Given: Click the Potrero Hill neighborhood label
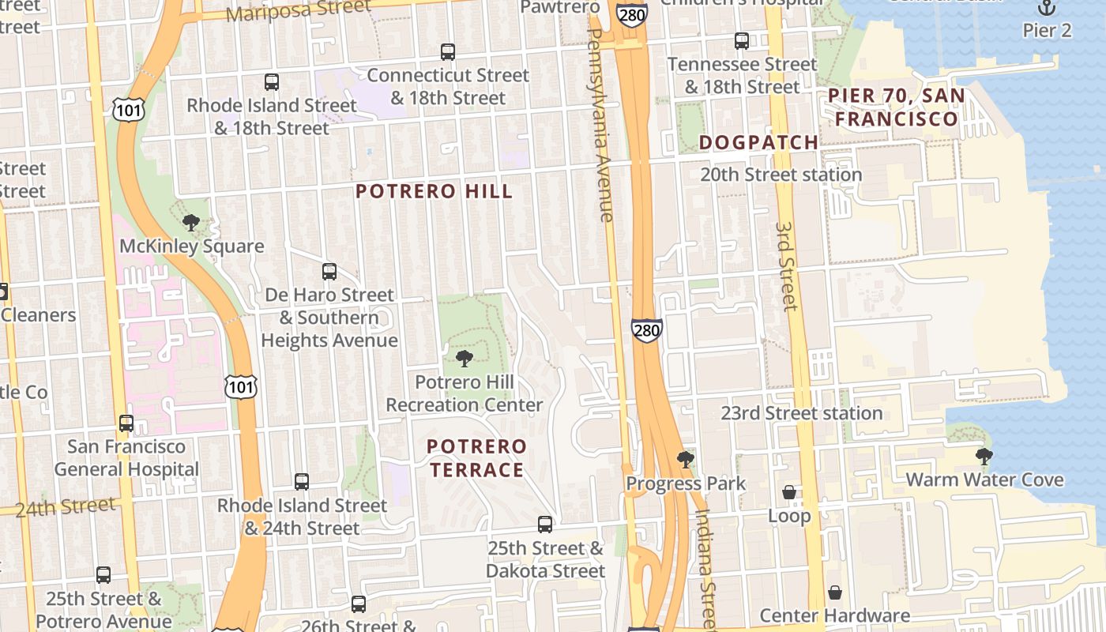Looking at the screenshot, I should pos(434,191).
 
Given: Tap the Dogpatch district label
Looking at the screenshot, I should pos(758,142).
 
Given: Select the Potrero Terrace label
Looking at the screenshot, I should pos(476,458).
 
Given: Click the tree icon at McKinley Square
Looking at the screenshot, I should pos(190,223).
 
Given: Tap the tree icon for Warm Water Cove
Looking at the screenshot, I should pos(984,456).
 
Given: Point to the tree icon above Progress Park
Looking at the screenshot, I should pos(685,459).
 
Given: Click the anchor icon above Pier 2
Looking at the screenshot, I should pos(1047,8).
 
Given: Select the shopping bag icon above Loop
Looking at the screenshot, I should pos(788,492).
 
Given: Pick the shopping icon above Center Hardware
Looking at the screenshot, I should pos(834,592).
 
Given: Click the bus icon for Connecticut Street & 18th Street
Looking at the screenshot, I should pos(448,52).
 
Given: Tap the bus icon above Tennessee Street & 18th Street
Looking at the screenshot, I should pos(741,41).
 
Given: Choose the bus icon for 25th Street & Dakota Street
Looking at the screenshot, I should pos(544,524).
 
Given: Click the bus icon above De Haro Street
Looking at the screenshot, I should pos(329,272).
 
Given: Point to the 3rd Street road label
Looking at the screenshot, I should pos(786,266).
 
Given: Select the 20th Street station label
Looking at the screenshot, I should pos(781,175).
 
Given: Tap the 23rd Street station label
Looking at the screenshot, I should pos(801,413).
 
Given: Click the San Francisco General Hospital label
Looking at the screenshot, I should pos(126,457).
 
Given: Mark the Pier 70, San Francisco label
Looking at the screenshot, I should pos(896,107).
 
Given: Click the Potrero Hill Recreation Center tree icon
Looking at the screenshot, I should pos(465,359).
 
